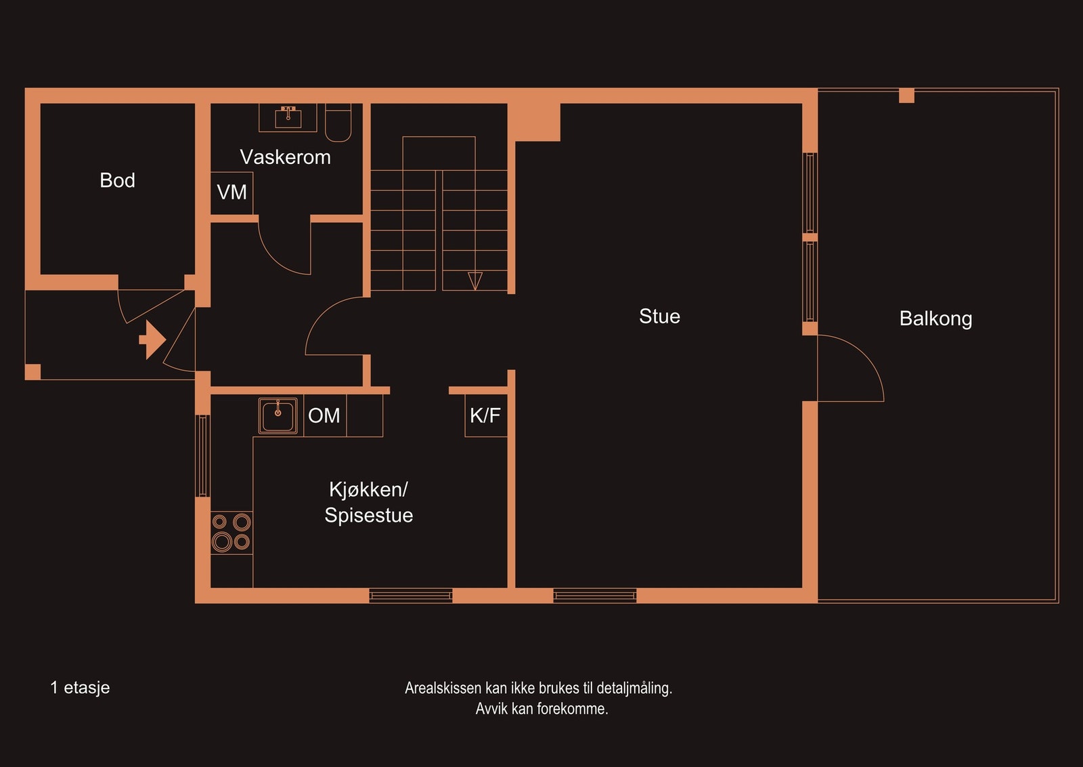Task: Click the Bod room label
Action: (117, 180)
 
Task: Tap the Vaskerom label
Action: (285, 157)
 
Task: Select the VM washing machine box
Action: (231, 192)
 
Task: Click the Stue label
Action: (659, 316)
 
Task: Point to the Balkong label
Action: (935, 318)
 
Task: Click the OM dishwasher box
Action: (324, 415)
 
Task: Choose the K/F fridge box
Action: (485, 415)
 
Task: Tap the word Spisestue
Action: (368, 515)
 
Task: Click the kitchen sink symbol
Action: (278, 415)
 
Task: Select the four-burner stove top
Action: (231, 532)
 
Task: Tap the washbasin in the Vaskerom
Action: (288, 117)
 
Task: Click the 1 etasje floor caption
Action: (80, 688)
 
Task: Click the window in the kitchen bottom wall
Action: (411, 596)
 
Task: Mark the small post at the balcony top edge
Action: (906, 96)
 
